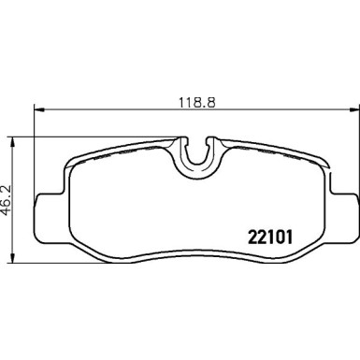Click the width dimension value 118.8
(196, 103)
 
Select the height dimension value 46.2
(6, 200)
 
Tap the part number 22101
(270, 238)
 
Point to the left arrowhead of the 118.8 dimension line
(39, 109)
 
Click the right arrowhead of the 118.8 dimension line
(353, 109)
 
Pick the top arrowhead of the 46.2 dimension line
(12, 143)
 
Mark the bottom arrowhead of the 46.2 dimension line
(12, 257)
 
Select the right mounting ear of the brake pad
(343, 217)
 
